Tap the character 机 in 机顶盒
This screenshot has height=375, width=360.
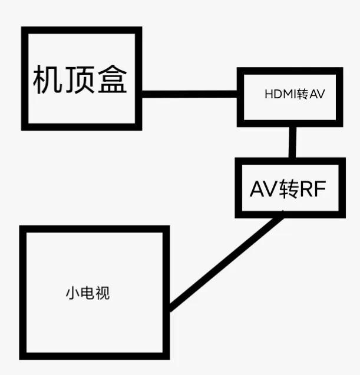pos(47,79)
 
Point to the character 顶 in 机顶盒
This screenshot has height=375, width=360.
pos(79,79)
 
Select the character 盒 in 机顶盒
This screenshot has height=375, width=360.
pos(111,79)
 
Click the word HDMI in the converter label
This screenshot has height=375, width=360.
pos(280,95)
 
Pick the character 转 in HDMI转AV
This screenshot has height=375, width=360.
pos(303,95)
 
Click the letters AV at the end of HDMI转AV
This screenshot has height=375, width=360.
pos(317,95)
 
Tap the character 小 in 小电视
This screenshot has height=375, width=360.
pos(72,293)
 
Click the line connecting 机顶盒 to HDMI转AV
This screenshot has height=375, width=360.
pos(189,93)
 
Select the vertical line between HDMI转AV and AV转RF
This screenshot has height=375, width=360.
pos(292,141)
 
